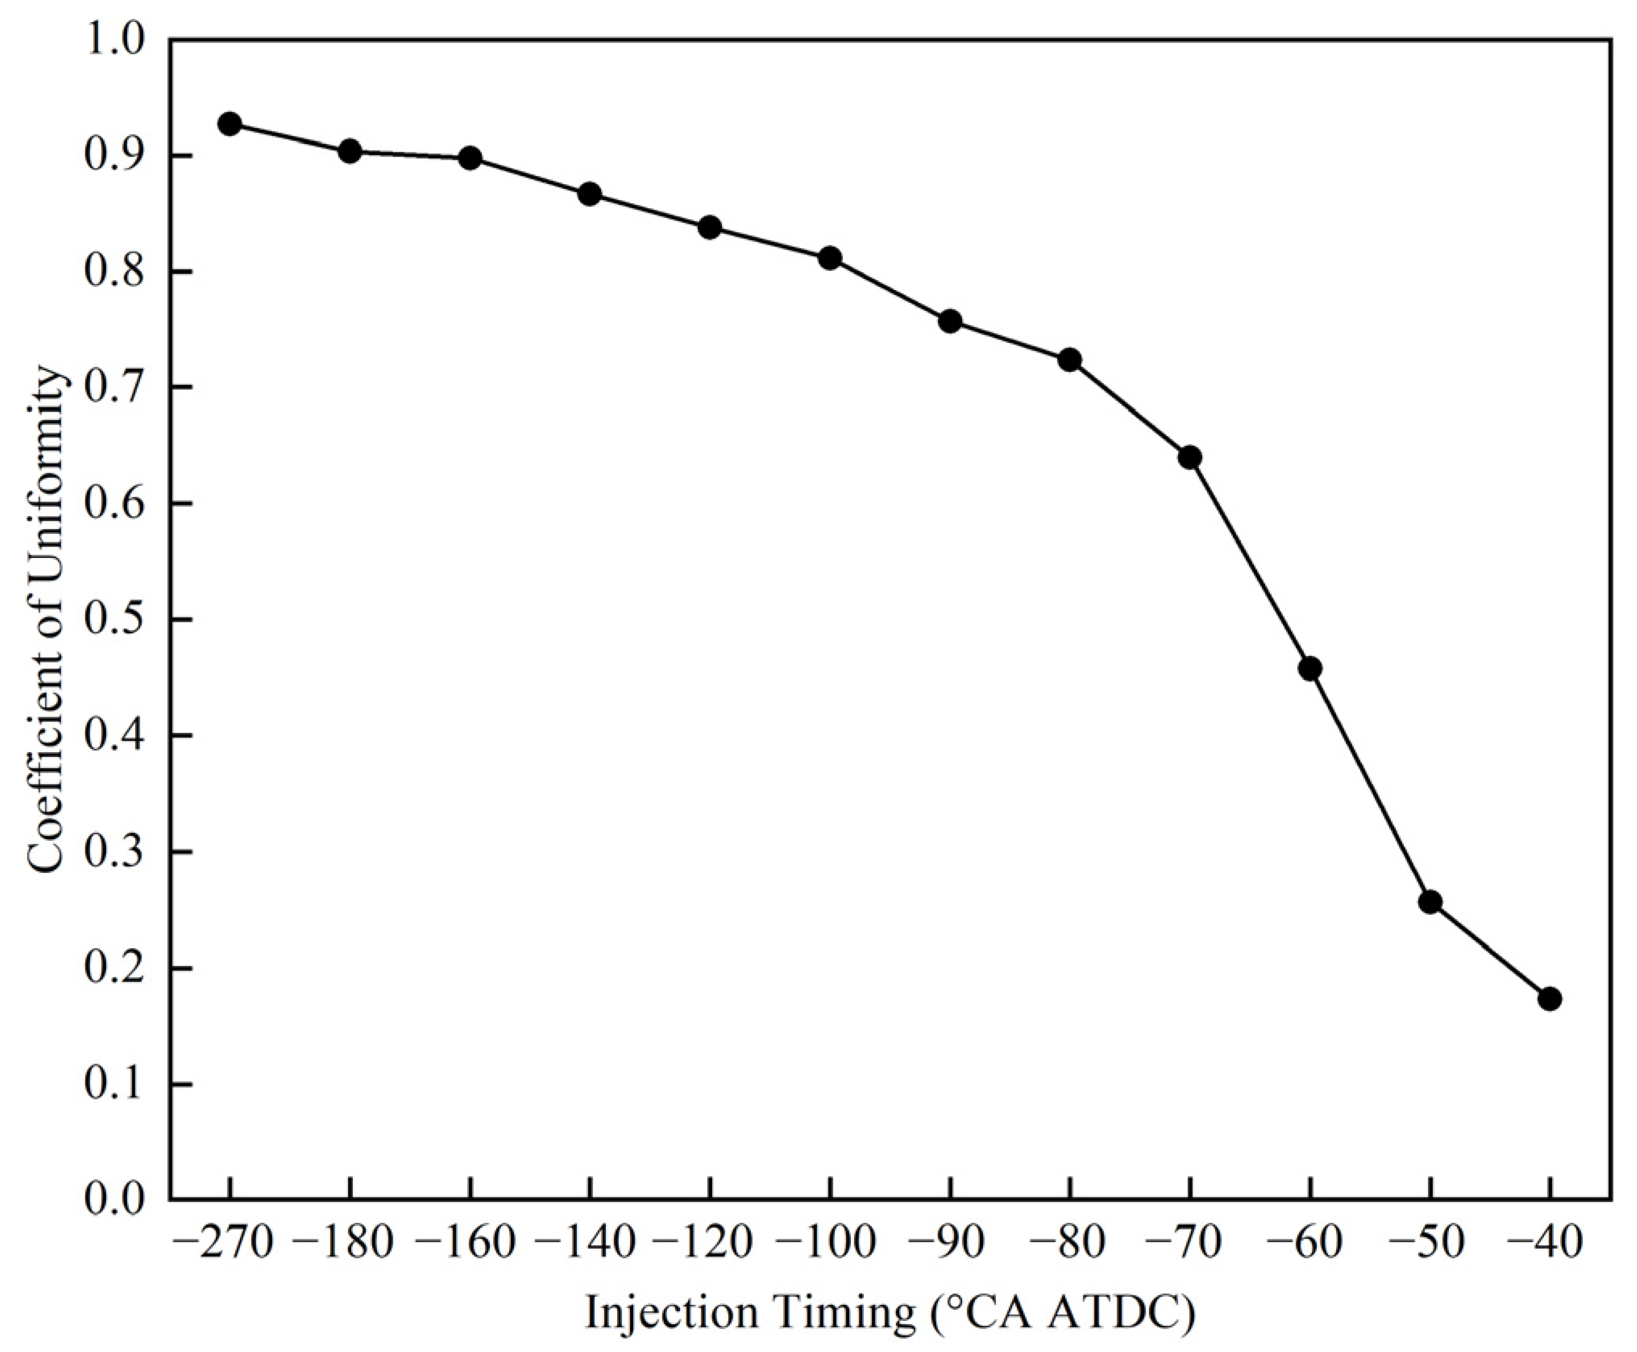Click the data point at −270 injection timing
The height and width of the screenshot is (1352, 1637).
230,124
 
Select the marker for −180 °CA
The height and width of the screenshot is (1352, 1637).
350,151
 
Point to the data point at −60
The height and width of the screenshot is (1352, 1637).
1310,668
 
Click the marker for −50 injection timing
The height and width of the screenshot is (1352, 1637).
1430,902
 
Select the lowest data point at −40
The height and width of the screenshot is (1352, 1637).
1549,998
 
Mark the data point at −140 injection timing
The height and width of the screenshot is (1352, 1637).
590,194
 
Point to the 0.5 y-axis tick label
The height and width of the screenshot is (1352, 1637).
115,620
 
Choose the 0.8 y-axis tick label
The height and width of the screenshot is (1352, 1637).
115,272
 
